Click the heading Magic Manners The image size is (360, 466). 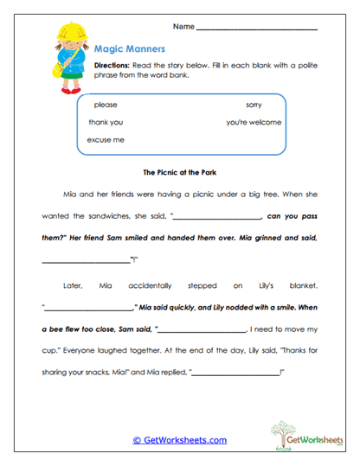point(124,50)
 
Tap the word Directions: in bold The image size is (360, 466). point(111,66)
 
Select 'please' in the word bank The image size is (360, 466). point(106,105)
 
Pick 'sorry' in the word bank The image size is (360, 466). point(254,105)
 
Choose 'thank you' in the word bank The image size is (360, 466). point(106,122)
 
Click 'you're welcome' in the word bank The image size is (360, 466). point(254,122)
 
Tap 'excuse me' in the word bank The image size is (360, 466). point(106,139)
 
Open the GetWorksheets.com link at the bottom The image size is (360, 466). point(179,440)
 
